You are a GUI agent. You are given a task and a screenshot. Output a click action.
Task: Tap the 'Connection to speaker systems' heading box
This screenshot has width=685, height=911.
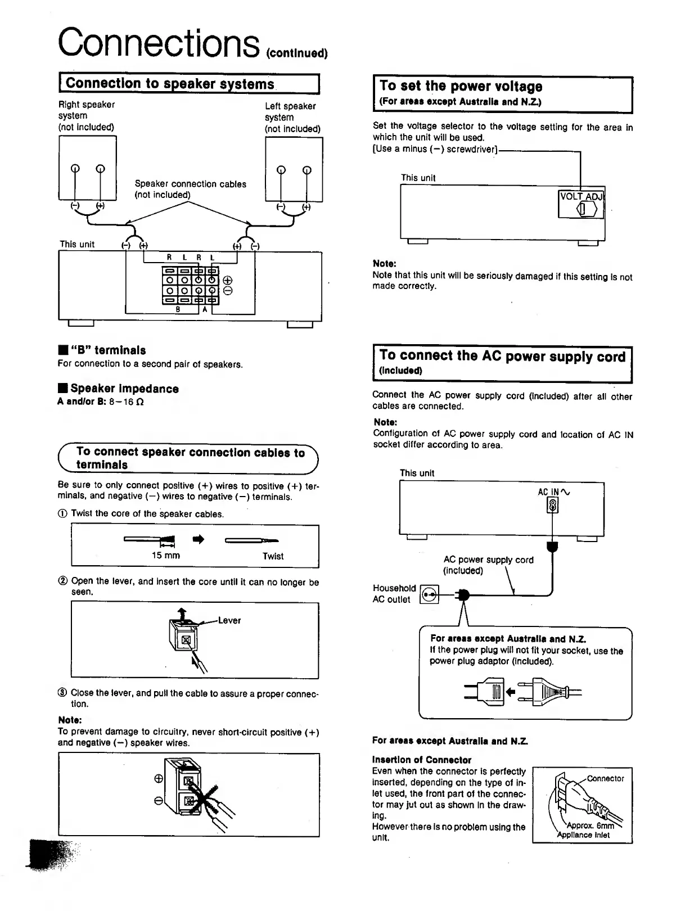coord(170,84)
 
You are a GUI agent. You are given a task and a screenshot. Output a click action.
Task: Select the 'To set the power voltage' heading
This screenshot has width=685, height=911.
coord(461,86)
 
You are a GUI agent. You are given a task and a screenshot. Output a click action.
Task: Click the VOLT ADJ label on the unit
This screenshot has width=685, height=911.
coord(581,196)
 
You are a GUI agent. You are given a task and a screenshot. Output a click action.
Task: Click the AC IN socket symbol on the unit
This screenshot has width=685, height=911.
coord(552,507)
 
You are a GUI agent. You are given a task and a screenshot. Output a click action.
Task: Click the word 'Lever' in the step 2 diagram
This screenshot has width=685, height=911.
coord(229,620)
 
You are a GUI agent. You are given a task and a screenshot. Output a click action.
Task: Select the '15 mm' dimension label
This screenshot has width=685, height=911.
coord(165,556)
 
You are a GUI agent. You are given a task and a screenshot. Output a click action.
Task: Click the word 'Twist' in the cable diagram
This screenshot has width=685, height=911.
coord(273,556)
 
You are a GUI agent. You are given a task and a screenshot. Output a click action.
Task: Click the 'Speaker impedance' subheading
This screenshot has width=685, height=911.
coord(124,389)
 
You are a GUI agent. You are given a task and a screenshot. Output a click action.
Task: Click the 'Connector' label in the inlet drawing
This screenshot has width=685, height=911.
coord(605,778)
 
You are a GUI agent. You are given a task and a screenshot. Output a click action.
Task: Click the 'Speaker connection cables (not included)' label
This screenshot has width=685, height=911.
coord(190,189)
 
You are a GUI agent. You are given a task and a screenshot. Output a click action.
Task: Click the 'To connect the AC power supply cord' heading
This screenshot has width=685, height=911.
coord(502,356)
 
